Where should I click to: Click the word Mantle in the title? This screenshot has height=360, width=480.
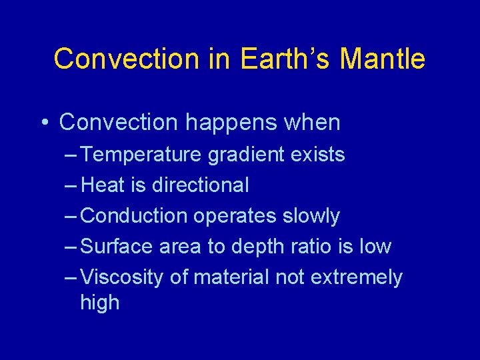(x=382, y=59)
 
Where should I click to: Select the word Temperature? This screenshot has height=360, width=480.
(x=141, y=155)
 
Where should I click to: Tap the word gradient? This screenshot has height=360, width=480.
(x=247, y=155)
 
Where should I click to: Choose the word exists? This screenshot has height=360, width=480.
(x=319, y=155)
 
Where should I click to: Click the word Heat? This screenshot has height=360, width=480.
(x=103, y=185)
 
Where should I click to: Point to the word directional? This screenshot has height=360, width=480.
(x=200, y=185)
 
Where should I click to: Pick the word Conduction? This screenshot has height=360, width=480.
(x=134, y=216)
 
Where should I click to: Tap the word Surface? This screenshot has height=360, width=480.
(x=117, y=247)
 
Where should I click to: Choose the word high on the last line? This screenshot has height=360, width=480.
(x=99, y=303)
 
